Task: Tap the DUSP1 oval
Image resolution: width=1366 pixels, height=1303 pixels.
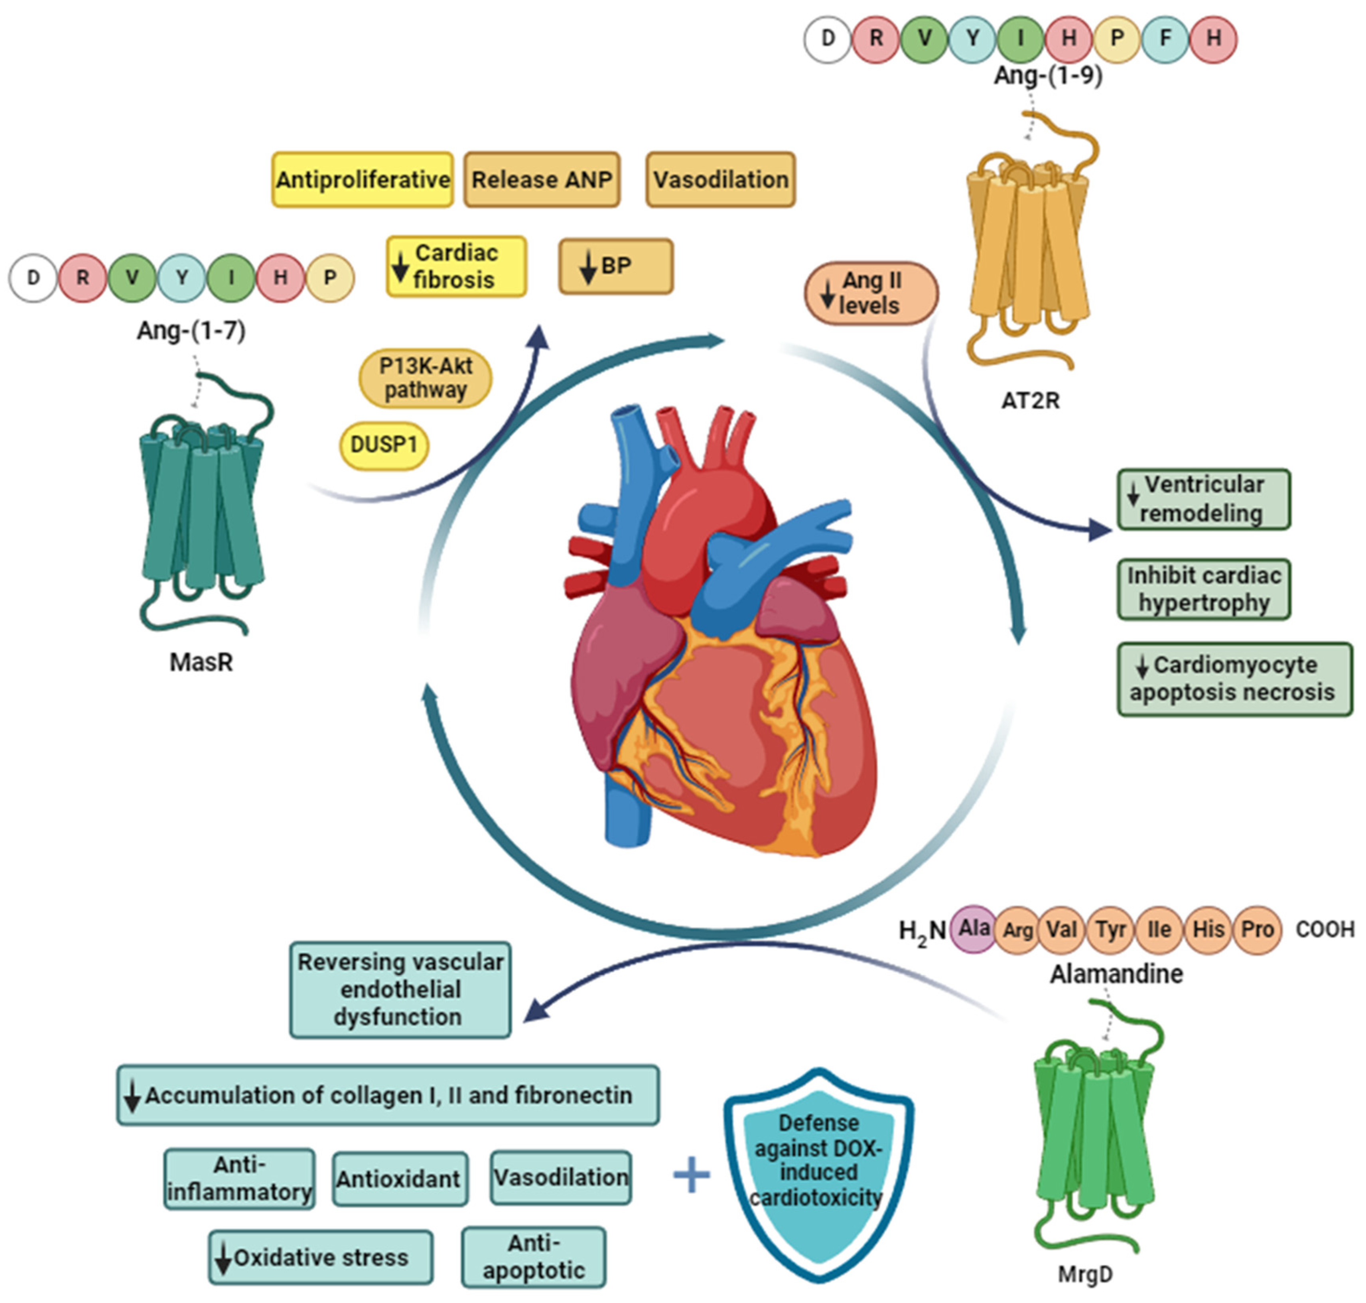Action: (x=384, y=445)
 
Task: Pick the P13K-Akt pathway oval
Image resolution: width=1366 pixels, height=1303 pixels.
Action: (x=425, y=378)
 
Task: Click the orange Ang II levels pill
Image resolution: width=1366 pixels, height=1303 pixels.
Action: (x=871, y=292)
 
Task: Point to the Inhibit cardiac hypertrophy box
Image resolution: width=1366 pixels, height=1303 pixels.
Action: (x=1203, y=589)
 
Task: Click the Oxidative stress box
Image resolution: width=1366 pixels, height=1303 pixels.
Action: (x=320, y=1257)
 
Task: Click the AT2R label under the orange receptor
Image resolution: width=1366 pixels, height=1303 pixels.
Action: (x=1030, y=401)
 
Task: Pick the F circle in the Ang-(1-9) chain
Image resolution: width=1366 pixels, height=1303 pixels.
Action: (x=1165, y=38)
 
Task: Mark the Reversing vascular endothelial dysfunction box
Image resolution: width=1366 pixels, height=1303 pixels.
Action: (x=400, y=990)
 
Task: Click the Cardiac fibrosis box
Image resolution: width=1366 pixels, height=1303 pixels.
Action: (x=456, y=266)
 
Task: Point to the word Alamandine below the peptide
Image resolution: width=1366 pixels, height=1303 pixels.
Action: (x=1116, y=974)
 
